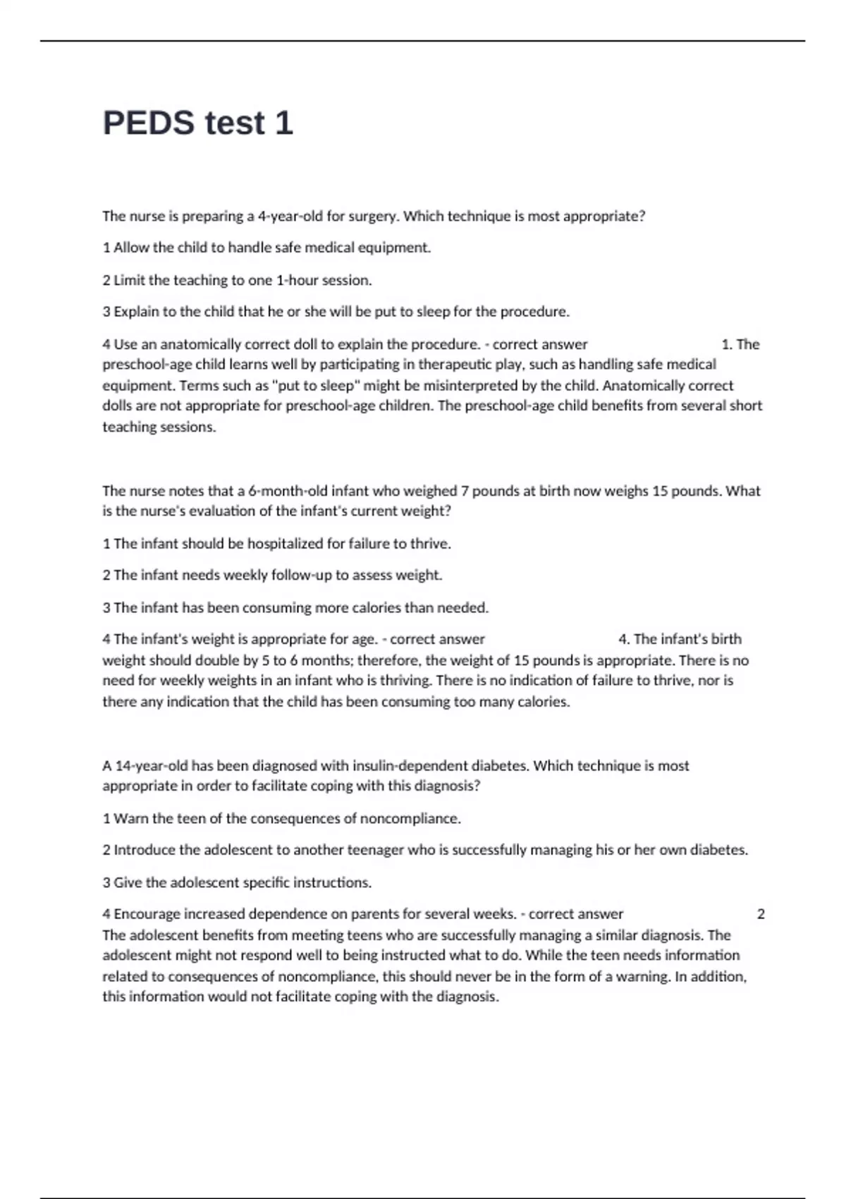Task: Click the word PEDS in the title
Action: (149, 123)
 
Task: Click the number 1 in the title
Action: (283, 123)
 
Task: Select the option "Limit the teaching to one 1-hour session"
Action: (237, 280)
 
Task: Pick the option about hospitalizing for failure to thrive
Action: (276, 544)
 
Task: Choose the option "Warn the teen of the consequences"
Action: (281, 819)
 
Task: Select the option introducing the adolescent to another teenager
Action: (425, 850)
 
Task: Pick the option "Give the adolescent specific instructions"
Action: (237, 882)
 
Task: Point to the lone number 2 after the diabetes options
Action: (761, 914)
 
